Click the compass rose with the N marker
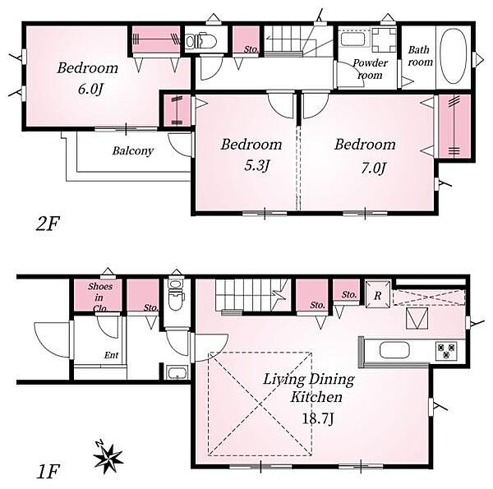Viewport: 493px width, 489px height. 108,457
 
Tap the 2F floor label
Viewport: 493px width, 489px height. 48,224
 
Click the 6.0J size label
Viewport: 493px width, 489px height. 90,90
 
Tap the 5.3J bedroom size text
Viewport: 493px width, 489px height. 257,166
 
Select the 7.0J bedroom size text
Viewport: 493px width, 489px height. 373,168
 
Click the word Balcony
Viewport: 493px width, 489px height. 132,151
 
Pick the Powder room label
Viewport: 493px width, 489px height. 370,69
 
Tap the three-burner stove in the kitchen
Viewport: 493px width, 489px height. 446,351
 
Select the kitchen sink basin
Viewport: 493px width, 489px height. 394,349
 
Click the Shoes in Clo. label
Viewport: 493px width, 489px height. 99,298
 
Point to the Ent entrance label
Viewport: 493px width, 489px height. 111,355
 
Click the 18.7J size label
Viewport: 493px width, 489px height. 317,418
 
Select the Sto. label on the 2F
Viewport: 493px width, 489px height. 251,49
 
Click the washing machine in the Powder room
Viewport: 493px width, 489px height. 384,40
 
